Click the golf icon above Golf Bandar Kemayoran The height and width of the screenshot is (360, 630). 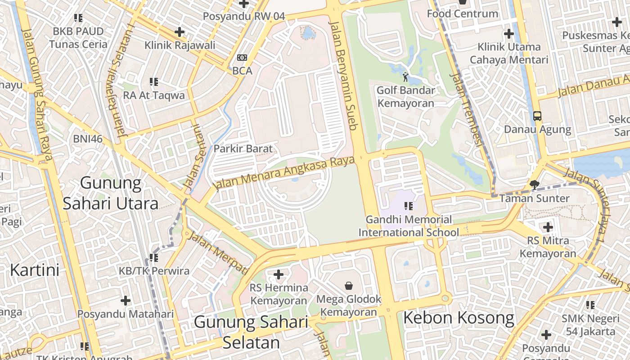406,77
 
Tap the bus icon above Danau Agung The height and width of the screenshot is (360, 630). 537,116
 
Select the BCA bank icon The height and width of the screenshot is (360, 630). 242,58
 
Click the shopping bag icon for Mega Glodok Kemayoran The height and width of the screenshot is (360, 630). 349,285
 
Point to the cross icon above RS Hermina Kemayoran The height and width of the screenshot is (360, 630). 279,274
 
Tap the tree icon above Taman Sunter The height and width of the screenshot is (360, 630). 535,184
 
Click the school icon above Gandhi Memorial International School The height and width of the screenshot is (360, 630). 409,206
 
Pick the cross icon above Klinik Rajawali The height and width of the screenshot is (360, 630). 180,32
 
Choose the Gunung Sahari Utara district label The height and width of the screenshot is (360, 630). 111,193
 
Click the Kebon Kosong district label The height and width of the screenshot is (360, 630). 459,318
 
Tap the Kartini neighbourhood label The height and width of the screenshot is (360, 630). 35,270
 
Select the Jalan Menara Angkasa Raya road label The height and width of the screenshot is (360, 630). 285,173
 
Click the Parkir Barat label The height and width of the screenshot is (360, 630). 243,148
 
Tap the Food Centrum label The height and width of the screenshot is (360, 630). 462,13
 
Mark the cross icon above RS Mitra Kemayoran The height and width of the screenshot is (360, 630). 548,227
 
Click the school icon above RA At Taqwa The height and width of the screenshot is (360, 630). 154,82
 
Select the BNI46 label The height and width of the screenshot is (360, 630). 88,139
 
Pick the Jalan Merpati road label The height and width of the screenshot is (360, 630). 219,253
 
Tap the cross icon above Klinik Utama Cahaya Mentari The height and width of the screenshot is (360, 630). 509,34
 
